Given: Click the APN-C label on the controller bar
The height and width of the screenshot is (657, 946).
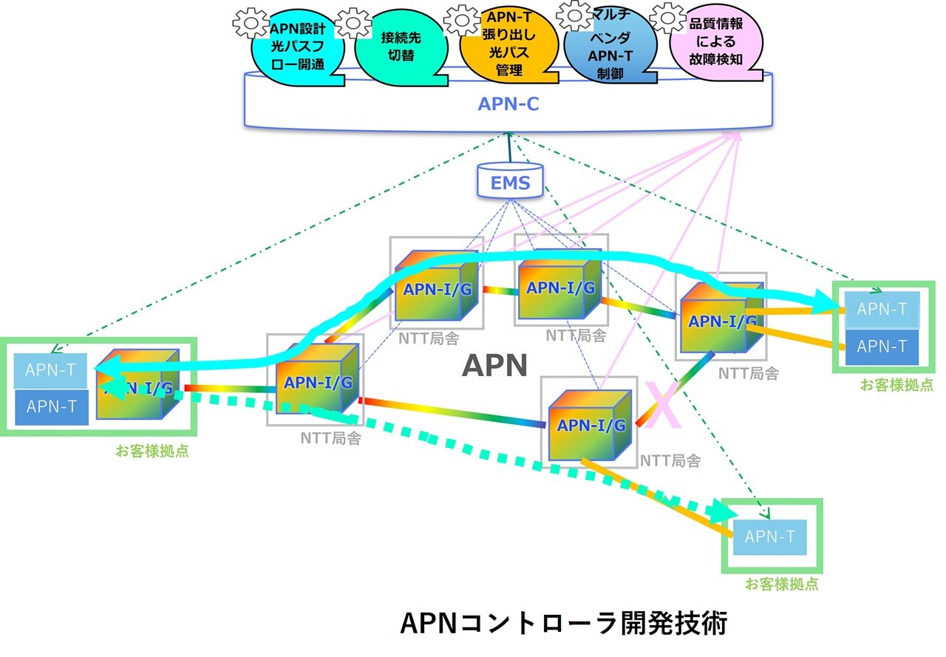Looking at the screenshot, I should (508, 104).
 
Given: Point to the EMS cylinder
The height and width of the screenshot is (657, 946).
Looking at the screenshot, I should (510, 182).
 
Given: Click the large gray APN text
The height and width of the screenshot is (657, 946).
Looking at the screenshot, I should (494, 365).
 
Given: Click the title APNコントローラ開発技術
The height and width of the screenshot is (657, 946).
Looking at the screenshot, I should (563, 622).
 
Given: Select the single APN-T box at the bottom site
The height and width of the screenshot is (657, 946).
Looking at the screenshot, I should (770, 537).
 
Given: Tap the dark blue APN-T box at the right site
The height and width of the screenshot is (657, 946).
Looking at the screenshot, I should (882, 346).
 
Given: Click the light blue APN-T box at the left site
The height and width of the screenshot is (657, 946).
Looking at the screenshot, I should (50, 370).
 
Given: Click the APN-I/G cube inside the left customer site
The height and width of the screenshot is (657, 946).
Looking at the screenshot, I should (137, 385).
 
